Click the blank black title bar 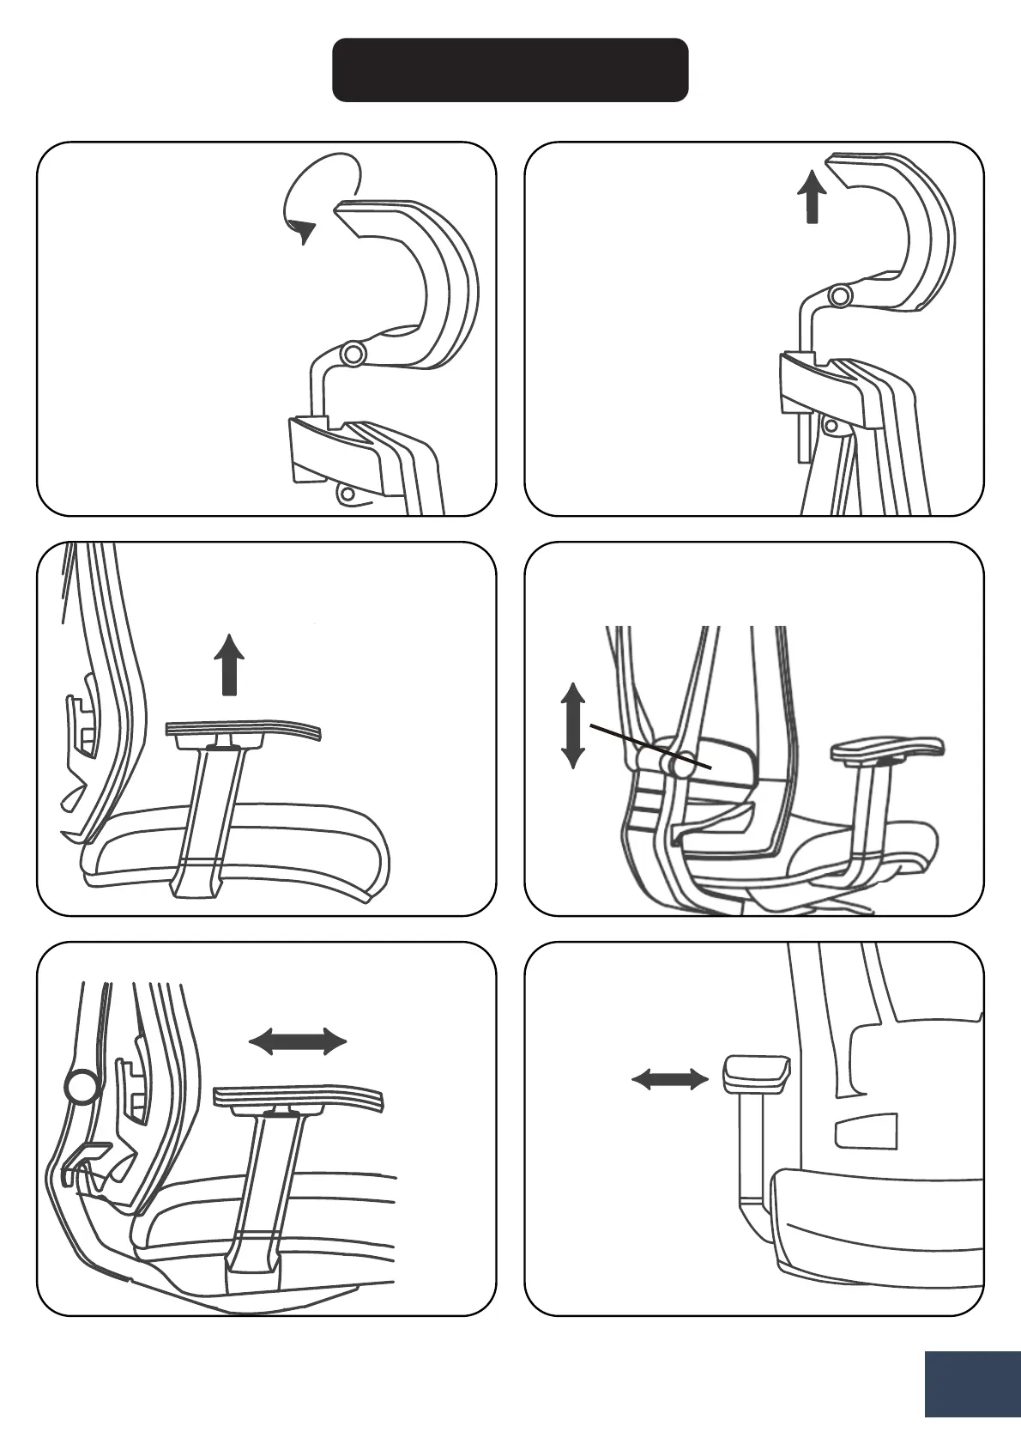tap(510, 70)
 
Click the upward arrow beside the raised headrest tap(811, 197)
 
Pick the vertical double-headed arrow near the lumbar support tap(573, 725)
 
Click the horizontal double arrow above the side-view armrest tap(298, 1042)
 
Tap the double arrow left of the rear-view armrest tap(670, 1079)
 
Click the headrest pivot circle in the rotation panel tap(353, 354)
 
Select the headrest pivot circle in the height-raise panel tap(841, 296)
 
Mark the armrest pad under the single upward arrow tap(244, 731)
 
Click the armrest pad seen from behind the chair tap(755, 1074)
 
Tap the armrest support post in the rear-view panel tap(750, 1150)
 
